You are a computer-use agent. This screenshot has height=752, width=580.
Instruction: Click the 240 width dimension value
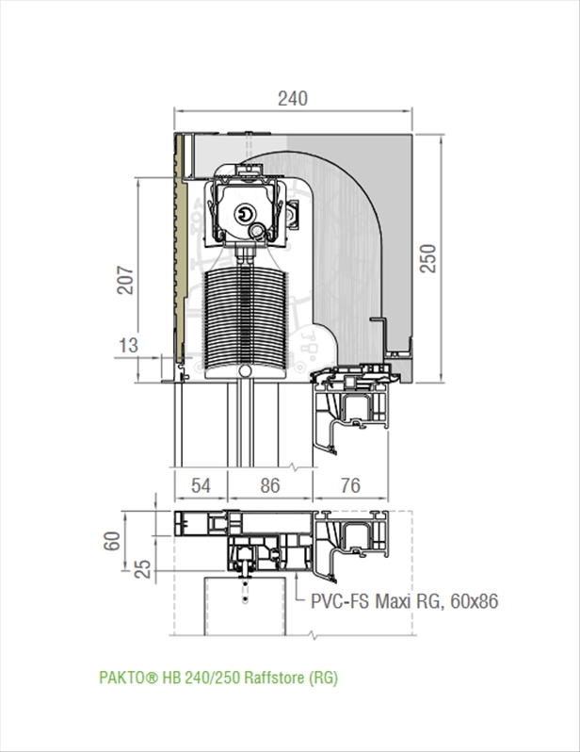[x=293, y=99]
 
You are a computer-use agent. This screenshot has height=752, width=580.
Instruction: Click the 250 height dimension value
[x=428, y=258]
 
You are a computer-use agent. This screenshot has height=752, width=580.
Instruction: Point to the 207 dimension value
[x=125, y=280]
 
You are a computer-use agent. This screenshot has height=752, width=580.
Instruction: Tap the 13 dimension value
[x=128, y=345]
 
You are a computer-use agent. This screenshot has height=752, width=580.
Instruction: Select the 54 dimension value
[x=201, y=486]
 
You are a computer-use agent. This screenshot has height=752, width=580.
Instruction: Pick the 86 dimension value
[x=270, y=486]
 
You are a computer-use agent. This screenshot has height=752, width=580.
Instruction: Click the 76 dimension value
[x=350, y=486]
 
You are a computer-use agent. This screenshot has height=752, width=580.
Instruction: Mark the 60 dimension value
[x=112, y=541]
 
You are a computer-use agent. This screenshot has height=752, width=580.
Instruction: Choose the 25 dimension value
[x=143, y=569]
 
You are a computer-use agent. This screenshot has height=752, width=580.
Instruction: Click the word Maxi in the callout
[x=393, y=601]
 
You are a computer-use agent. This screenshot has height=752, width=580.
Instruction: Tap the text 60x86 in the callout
[x=474, y=601]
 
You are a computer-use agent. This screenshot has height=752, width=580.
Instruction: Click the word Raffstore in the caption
[x=275, y=678]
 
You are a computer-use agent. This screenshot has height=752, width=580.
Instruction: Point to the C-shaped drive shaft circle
[x=245, y=213]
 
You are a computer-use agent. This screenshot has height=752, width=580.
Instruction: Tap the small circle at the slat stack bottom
[x=245, y=370]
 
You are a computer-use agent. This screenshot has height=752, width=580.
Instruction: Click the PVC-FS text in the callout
[x=340, y=601]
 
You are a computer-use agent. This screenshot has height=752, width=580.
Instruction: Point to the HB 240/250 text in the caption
[x=201, y=678]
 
